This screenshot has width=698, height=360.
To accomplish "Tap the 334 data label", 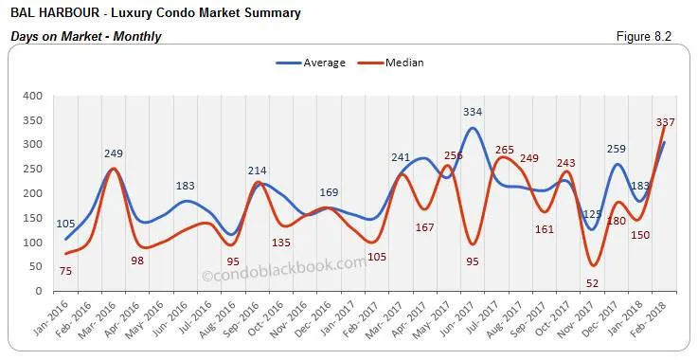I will (x=472, y=113).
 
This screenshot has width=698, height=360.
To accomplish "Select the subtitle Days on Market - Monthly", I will (x=86, y=36).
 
